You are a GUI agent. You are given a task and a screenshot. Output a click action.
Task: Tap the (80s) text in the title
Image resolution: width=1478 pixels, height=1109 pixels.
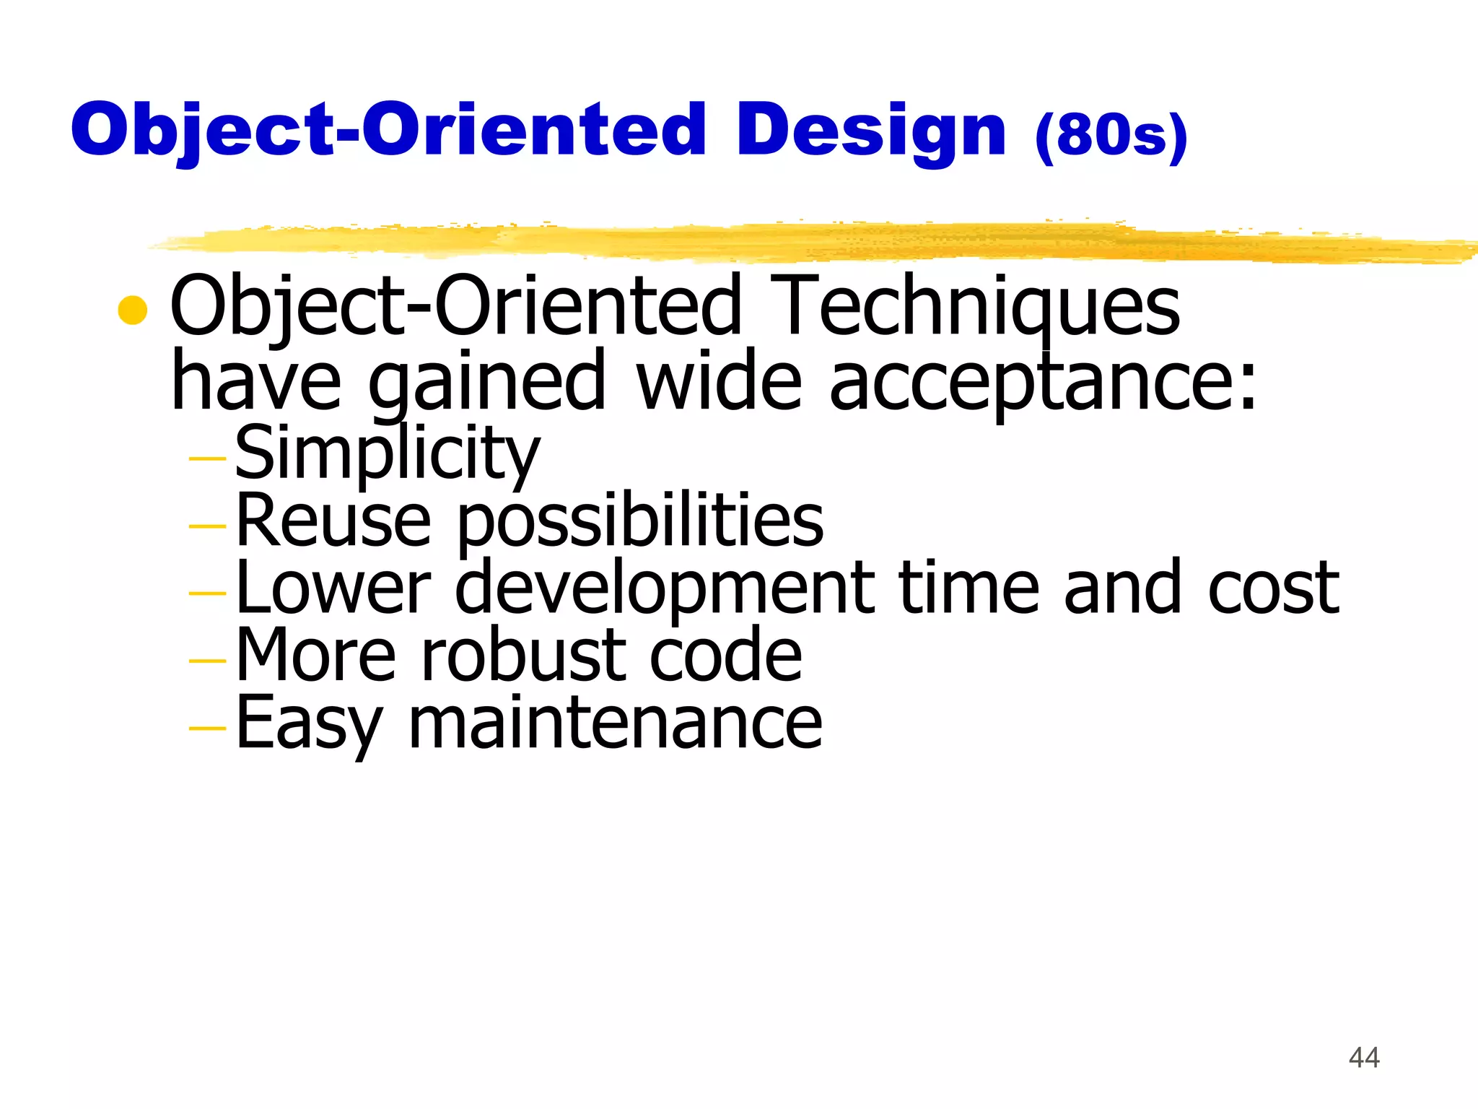[1111, 135]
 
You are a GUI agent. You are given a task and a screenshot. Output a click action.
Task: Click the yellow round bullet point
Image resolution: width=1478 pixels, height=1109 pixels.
[133, 310]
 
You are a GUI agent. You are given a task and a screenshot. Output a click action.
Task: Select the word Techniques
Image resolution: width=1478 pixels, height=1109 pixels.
[979, 308]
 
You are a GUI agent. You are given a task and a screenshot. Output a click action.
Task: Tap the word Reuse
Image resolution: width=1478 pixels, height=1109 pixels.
[333, 521]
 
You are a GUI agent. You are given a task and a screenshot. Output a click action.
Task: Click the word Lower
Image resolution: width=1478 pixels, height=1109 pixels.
[333, 588]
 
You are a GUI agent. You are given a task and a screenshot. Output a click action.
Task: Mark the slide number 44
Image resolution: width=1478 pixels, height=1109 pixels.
[1364, 1058]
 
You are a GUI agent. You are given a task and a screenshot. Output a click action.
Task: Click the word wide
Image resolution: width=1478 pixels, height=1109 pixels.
[718, 381]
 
